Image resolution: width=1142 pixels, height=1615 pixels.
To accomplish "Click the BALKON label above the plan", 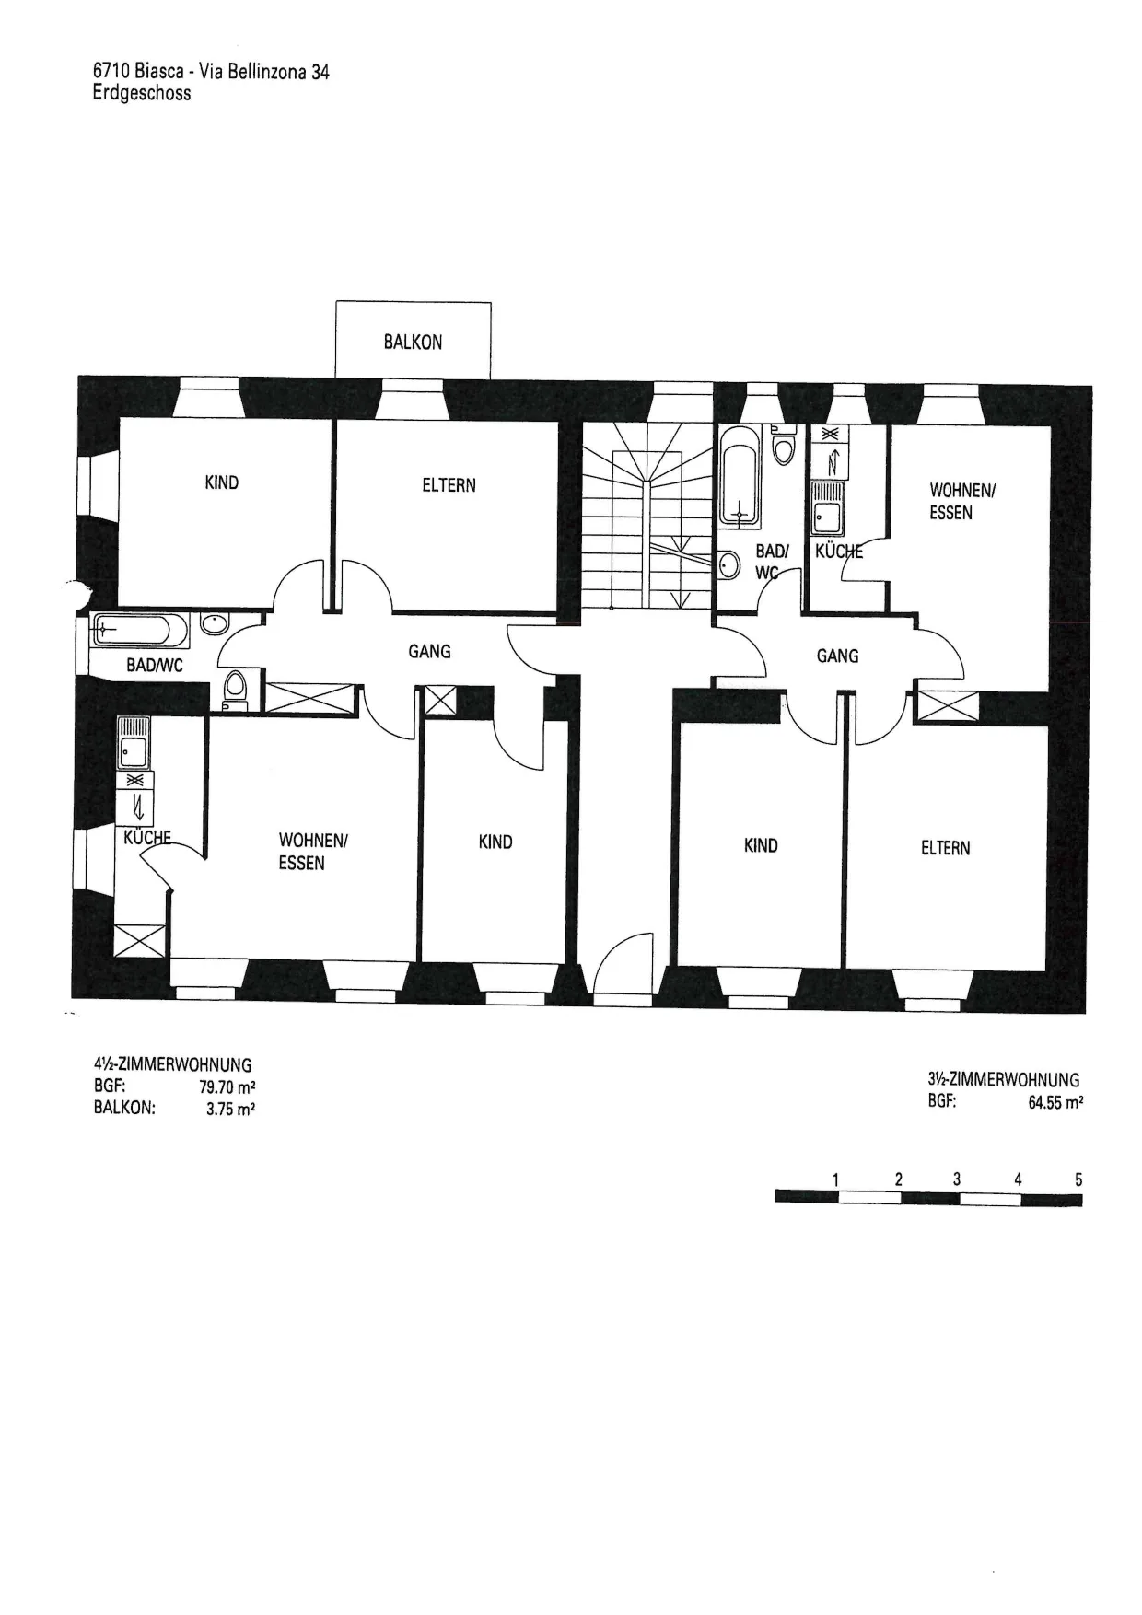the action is point(413,342).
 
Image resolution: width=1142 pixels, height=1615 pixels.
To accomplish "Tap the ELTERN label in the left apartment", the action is point(449,484).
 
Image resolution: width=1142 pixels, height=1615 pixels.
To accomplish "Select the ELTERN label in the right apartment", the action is point(945,848).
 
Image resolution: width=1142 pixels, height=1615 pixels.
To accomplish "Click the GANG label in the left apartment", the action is point(429,651).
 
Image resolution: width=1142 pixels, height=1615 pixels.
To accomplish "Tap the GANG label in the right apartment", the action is point(837,656).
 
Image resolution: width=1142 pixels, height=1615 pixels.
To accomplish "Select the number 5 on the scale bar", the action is point(1078,1179).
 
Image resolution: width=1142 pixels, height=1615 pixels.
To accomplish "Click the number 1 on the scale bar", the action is point(835,1179).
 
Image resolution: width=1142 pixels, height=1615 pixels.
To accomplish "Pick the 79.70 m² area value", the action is point(227,1086).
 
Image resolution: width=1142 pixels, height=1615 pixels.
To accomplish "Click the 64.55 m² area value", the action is point(1055,1102).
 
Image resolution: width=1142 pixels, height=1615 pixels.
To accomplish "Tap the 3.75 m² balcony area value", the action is point(230,1109).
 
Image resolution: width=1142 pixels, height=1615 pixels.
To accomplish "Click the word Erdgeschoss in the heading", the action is point(142,92).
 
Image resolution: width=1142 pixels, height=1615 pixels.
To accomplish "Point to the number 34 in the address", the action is point(320,71).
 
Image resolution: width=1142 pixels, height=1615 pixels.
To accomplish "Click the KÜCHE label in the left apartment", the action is point(147,838).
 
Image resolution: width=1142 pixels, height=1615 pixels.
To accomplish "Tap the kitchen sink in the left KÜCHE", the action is point(134,743).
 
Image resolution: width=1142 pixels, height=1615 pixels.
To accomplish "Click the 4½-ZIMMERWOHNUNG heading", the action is point(172,1064).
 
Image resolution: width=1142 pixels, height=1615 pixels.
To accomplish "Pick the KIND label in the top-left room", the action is point(221,482).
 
